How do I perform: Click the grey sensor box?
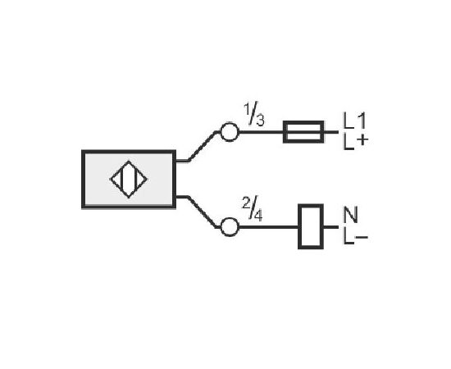pyautogui.click(x=129, y=179)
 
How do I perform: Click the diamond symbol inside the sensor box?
pyautogui.click(x=129, y=180)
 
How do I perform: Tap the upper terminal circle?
pyautogui.click(x=230, y=132)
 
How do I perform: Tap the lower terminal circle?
pyautogui.click(x=230, y=227)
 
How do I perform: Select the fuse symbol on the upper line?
pyautogui.click(x=303, y=132)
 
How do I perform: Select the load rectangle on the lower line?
pyautogui.click(x=311, y=226)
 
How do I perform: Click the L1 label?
pyautogui.click(x=354, y=121)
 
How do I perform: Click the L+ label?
pyautogui.click(x=356, y=142)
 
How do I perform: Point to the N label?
pyautogui.click(x=351, y=215)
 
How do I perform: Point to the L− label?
pyautogui.click(x=356, y=236)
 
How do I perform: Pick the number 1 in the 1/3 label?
pyautogui.click(x=247, y=109)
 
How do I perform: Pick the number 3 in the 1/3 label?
pyautogui.click(x=260, y=121)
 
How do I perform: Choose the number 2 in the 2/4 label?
pyautogui.click(x=246, y=203)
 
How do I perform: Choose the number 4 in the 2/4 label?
pyautogui.click(x=258, y=216)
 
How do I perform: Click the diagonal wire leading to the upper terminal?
pyautogui.click(x=202, y=147)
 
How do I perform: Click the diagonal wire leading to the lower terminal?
pyautogui.click(x=202, y=212)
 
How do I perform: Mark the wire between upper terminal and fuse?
pyautogui.click(x=261, y=132)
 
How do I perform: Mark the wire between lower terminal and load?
pyautogui.click(x=268, y=227)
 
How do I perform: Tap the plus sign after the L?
pyautogui.click(x=362, y=140)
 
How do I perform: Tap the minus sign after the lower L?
pyautogui.click(x=362, y=237)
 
